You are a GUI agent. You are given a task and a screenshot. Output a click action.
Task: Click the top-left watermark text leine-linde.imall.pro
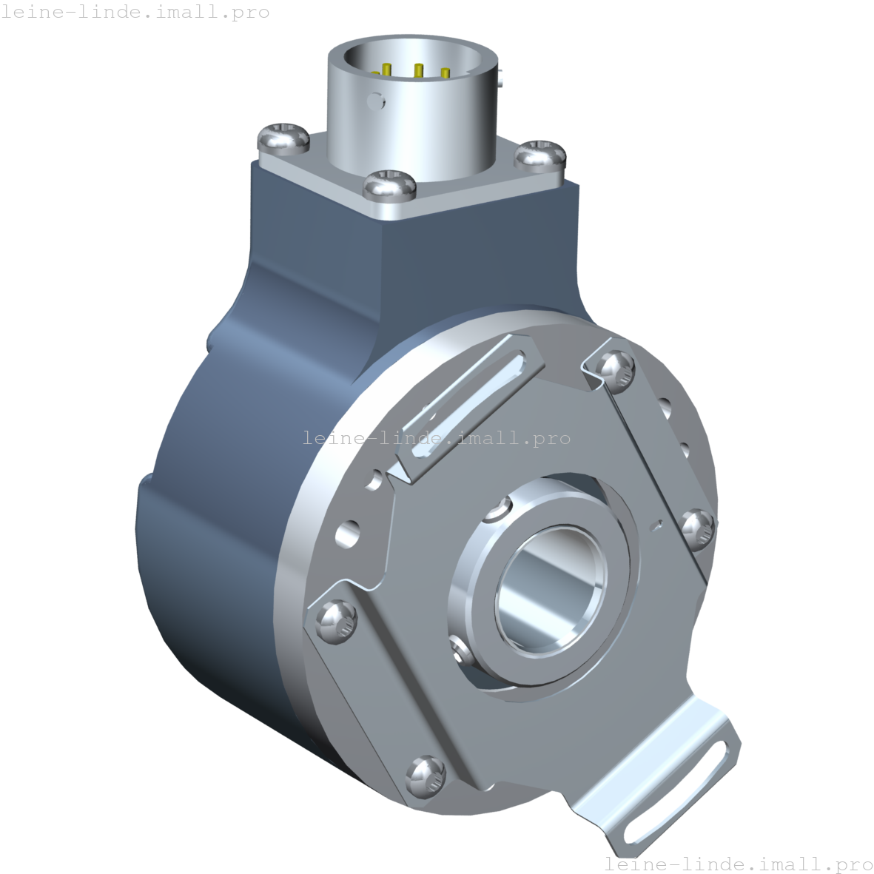click(135, 13)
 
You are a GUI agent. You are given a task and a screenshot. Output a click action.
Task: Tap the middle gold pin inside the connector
click(418, 71)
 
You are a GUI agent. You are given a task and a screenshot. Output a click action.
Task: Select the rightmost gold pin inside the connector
click(445, 73)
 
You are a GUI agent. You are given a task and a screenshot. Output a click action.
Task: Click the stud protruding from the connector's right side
click(502, 76)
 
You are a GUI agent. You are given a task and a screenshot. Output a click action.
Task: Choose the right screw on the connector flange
click(540, 155)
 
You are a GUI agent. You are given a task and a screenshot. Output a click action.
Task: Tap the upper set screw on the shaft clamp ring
click(500, 510)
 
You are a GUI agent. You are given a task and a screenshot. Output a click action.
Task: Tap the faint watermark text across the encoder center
click(437, 438)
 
